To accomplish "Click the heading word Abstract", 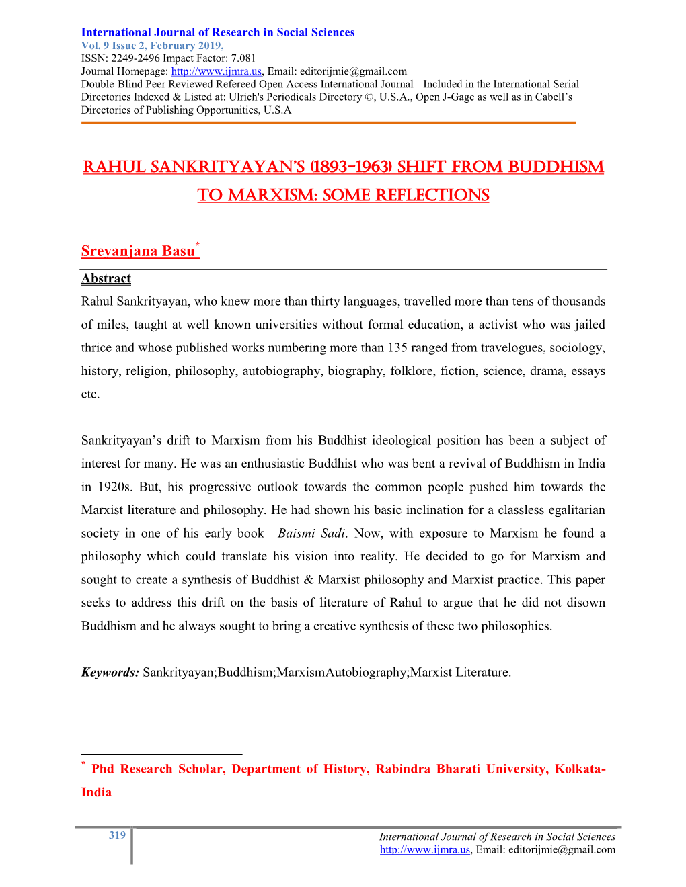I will [x=106, y=278].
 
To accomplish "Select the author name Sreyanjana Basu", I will [x=138, y=251].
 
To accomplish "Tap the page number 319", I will [x=117, y=835].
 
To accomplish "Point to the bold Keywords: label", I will [x=110, y=672].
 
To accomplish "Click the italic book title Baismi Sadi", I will [x=311, y=533].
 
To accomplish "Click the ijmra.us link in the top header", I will [x=216, y=71].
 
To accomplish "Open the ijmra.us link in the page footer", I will [x=424, y=849].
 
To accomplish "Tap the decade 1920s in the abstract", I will [x=114, y=487].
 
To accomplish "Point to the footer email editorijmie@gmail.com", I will [x=562, y=849].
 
